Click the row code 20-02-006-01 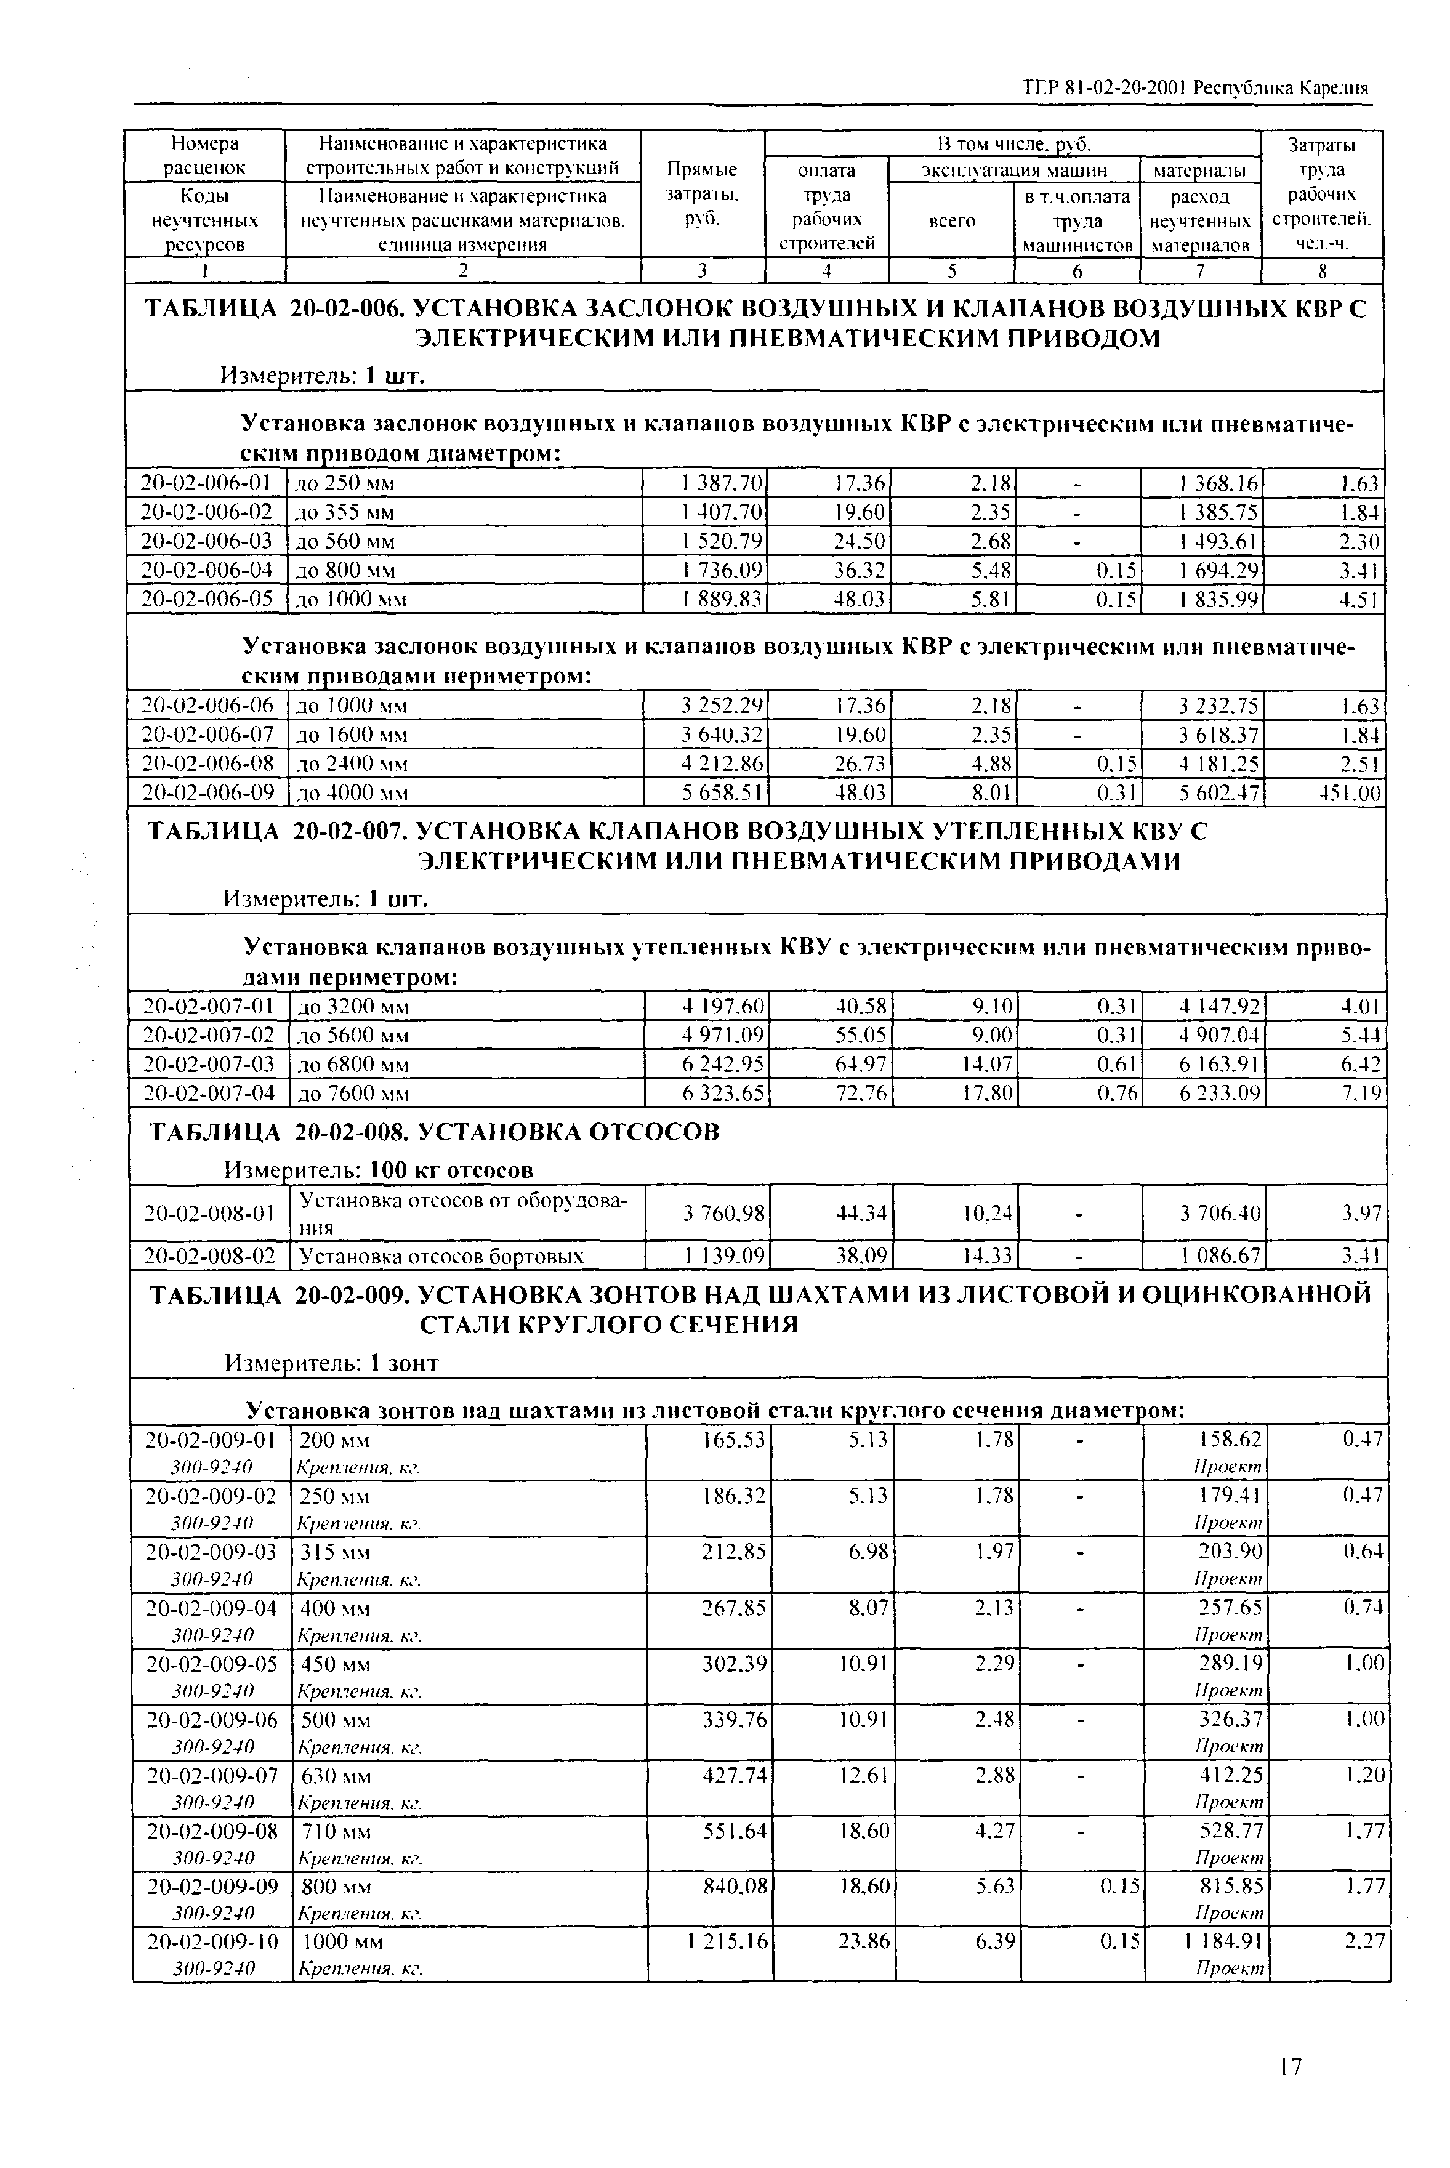coord(206,483)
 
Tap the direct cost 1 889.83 coord(721,599)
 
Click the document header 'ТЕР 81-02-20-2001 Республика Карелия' coord(1194,89)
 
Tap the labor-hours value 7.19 coord(1361,1093)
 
